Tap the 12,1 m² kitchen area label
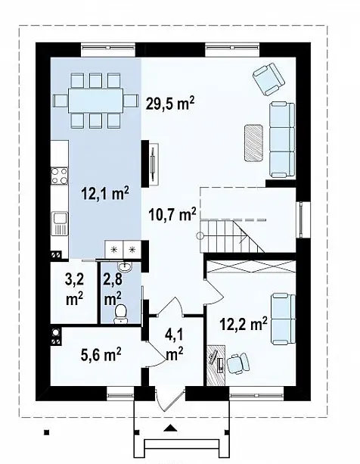pyautogui.click(x=105, y=194)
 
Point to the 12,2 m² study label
pyautogui.click(x=244, y=323)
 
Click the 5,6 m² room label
pyautogui.click(x=101, y=354)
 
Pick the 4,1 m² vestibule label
pyautogui.click(x=175, y=344)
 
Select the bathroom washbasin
pyautogui.click(x=126, y=266)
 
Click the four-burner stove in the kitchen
pyautogui.click(x=60, y=176)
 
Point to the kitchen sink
pyautogui.click(x=60, y=223)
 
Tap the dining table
pyautogui.click(x=96, y=101)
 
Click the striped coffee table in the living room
pyautogui.click(x=253, y=143)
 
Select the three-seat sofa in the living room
pyautogui.click(x=283, y=140)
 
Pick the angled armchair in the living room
pyautogui.click(x=268, y=79)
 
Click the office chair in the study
pyautogui.click(x=238, y=363)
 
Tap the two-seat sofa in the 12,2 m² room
pyautogui.click(x=284, y=319)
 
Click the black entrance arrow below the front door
pyautogui.click(x=170, y=428)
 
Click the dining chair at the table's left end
pyautogui.click(x=61, y=101)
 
